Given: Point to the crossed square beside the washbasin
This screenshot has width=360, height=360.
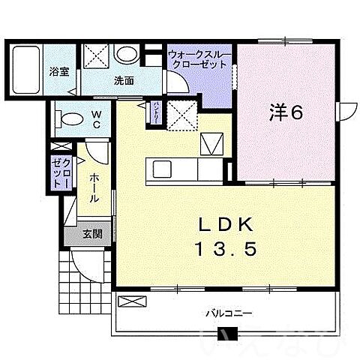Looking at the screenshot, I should (x=96, y=56).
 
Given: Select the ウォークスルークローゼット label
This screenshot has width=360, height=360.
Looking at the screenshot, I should (x=198, y=58).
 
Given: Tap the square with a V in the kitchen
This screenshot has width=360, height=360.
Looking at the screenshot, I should (x=210, y=141).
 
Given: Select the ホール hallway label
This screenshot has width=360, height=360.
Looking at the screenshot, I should (x=94, y=187).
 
